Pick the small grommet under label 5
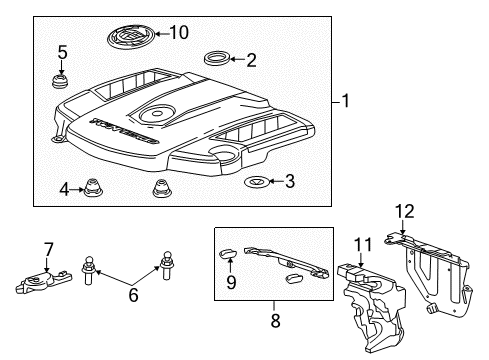coord(62,78)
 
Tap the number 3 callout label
coord(289,181)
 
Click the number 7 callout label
coord(47,248)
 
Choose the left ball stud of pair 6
coord(89,270)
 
